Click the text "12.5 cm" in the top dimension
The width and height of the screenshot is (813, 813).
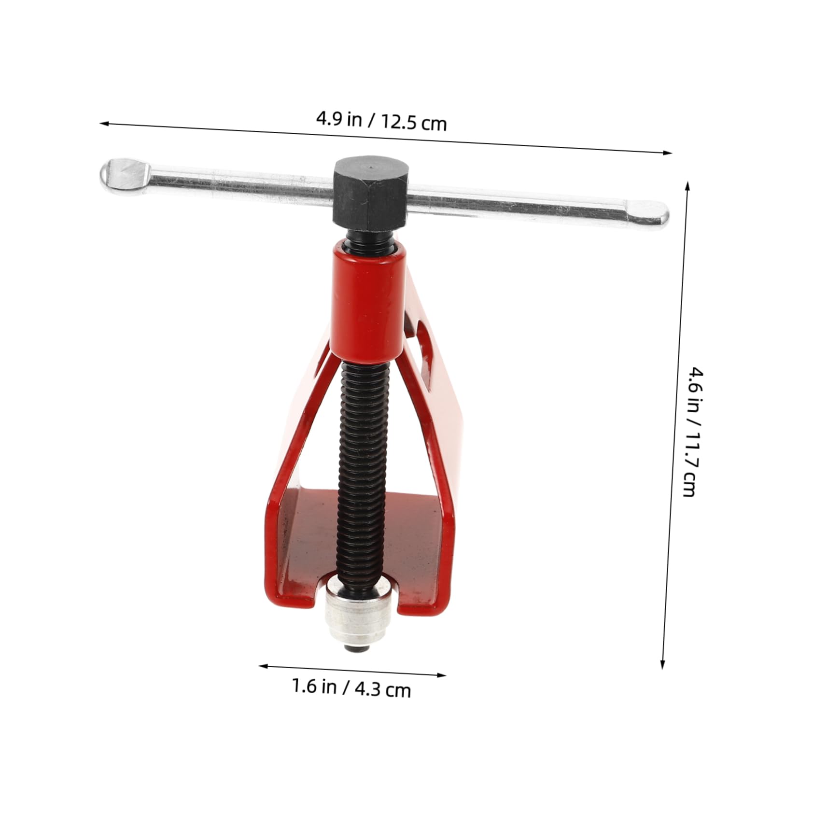[x=414, y=123]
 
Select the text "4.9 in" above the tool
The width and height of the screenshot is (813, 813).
[x=339, y=119]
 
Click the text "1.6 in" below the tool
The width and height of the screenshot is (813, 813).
[x=314, y=686]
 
